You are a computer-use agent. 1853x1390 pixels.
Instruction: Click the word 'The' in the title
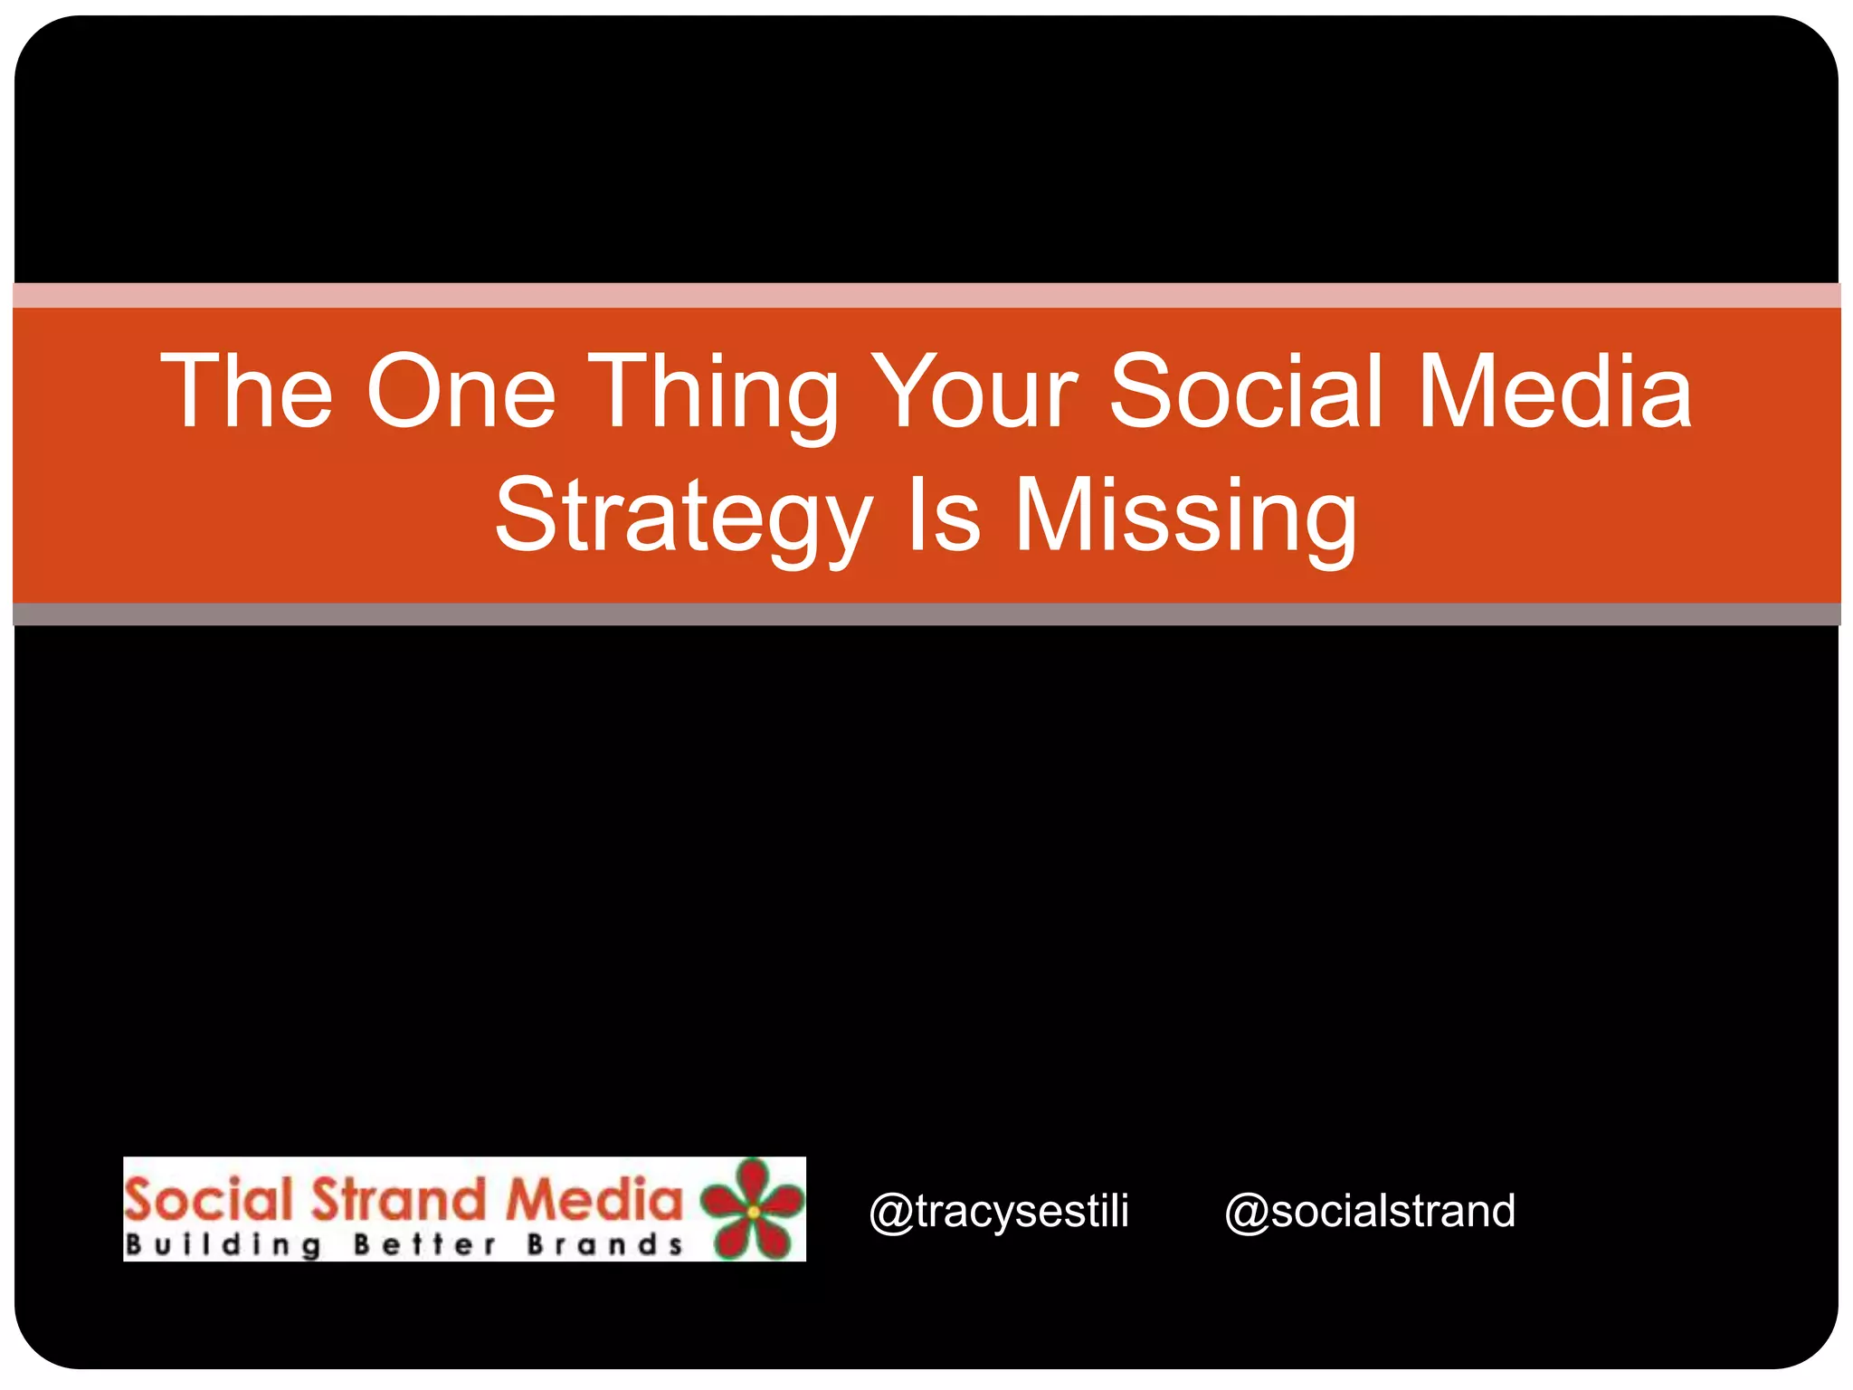click(246, 391)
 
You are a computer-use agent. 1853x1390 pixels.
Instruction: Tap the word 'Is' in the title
click(943, 516)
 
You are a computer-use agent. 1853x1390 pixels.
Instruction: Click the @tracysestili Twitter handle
click(999, 1211)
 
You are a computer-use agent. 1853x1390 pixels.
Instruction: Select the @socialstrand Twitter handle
click(1370, 1211)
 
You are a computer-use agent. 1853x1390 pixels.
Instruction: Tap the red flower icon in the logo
click(753, 1209)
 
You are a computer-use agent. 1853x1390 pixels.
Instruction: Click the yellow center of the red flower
click(754, 1212)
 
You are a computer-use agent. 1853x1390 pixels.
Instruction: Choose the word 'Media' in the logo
click(594, 1199)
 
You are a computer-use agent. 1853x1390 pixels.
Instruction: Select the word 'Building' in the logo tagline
click(223, 1245)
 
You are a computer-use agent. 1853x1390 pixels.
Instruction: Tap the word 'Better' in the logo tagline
click(424, 1245)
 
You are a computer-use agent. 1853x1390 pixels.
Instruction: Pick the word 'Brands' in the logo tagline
click(604, 1245)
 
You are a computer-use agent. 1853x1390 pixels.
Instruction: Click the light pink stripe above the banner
click(926, 295)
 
